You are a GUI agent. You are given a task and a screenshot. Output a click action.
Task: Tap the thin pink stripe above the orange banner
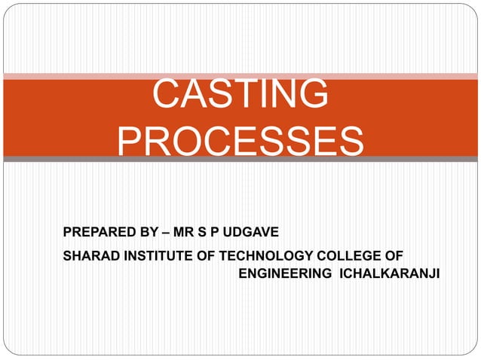click(x=240, y=76)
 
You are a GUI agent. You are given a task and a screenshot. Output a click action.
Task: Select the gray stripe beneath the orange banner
click(x=240, y=159)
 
